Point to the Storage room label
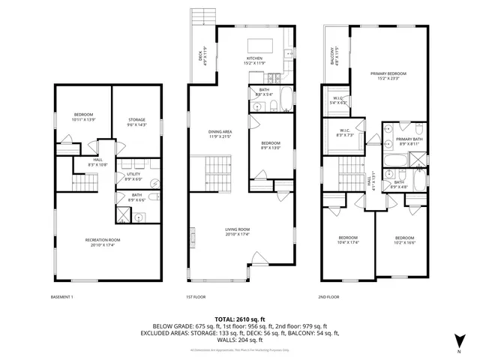pyautogui.click(x=136, y=122)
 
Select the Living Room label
pyautogui.click(x=237, y=232)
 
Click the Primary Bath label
pyautogui.click(x=409, y=140)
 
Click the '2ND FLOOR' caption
pyautogui.click(x=328, y=297)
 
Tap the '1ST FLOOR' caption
pyautogui.click(x=195, y=297)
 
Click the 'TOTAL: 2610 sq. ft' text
pyautogui.click(x=239, y=319)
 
